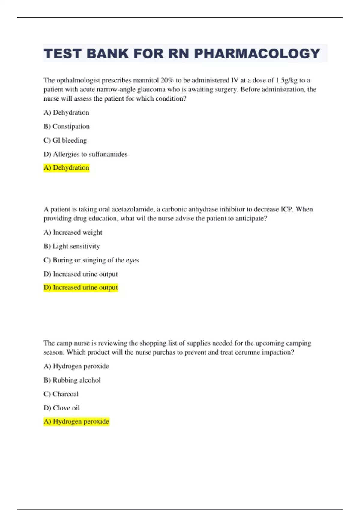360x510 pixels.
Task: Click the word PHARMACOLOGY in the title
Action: (x=257, y=54)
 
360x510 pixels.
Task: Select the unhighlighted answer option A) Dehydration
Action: (x=66, y=112)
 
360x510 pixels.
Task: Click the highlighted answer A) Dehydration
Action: (x=66, y=167)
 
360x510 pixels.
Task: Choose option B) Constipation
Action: (x=67, y=126)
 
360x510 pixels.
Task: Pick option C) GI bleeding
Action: (x=65, y=140)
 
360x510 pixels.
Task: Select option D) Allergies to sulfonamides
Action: (x=85, y=154)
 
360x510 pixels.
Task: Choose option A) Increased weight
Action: (x=73, y=232)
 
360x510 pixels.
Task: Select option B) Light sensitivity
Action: (x=72, y=246)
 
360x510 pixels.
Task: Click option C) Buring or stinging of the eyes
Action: (x=91, y=260)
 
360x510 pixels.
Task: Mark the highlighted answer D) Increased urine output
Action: (x=81, y=287)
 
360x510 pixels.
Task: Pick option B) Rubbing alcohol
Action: (x=72, y=380)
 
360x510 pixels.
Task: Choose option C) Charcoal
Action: (x=61, y=394)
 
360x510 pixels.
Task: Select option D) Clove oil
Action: (x=61, y=408)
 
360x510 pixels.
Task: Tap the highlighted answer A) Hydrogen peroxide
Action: (x=76, y=421)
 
